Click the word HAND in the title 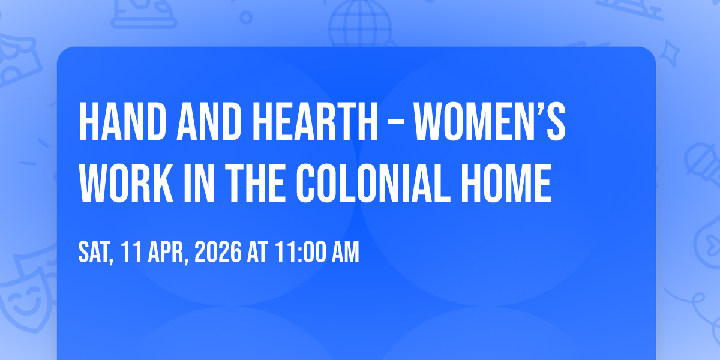pyautogui.click(x=123, y=121)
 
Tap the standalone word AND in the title pyautogui.click(x=209, y=121)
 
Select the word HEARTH pyautogui.click(x=315, y=121)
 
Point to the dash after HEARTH pyautogui.click(x=395, y=122)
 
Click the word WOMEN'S pyautogui.click(x=490, y=121)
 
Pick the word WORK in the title pyautogui.click(x=127, y=183)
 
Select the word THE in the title pyautogui.click(x=254, y=183)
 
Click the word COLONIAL pyautogui.click(x=373, y=183)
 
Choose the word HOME pyautogui.click(x=506, y=183)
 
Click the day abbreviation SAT pyautogui.click(x=96, y=253)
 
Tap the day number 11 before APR pyautogui.click(x=131, y=252)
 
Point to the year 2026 pyautogui.click(x=218, y=252)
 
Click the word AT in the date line pyautogui.click(x=257, y=252)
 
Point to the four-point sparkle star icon pyautogui.click(x=669, y=53)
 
